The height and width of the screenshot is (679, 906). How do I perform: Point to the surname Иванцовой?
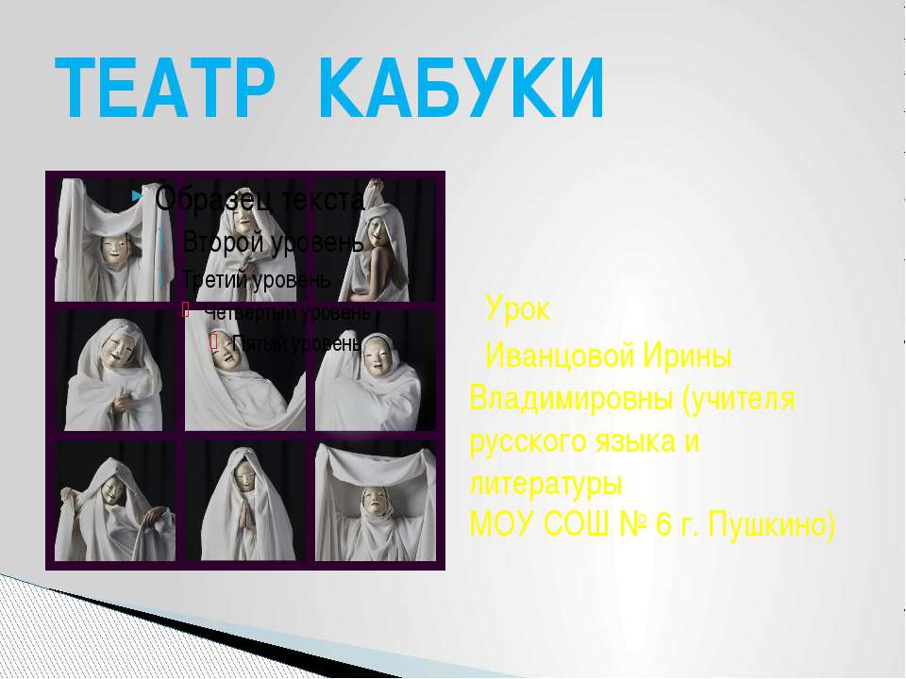(561, 357)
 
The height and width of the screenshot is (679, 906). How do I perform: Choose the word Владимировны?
(569, 399)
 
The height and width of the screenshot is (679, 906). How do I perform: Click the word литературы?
(545, 482)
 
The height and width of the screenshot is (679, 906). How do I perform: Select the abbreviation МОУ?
(501, 522)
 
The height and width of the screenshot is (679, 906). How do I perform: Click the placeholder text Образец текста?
(258, 198)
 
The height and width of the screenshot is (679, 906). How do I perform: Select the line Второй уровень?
(272, 241)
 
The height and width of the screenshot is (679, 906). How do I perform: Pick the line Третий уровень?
(256, 279)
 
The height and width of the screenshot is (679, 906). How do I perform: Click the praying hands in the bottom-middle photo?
(243, 514)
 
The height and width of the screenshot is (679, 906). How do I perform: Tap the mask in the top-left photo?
(115, 251)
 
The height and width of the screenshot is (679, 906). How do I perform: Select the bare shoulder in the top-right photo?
(381, 264)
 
